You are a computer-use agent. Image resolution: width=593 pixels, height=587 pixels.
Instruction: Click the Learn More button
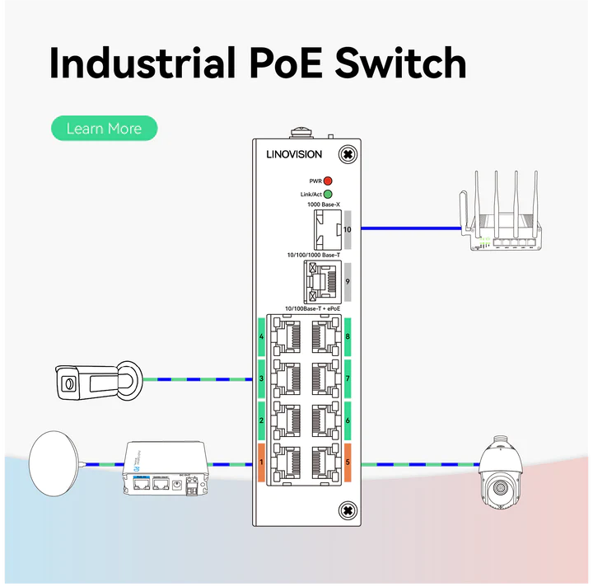104,129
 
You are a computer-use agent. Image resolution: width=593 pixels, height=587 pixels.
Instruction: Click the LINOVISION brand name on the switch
294,154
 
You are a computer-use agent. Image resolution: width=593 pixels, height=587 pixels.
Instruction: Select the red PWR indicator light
327,181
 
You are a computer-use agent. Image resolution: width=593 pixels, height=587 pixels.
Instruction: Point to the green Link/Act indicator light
327,195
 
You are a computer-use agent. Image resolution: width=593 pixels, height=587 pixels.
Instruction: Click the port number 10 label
348,229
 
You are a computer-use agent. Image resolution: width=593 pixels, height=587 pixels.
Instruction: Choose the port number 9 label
348,281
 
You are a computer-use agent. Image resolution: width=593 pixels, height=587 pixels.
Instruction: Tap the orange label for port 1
261,463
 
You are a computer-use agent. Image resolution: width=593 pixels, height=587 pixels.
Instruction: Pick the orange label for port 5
348,463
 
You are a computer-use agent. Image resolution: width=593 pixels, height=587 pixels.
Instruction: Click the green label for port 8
348,336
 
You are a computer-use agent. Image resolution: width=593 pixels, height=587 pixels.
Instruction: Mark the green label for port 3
261,378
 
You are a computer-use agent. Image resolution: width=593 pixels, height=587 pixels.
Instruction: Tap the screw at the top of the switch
348,154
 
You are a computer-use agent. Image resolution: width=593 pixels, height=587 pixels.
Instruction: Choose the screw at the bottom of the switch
348,511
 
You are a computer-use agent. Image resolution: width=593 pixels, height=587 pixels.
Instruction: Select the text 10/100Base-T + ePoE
312,308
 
